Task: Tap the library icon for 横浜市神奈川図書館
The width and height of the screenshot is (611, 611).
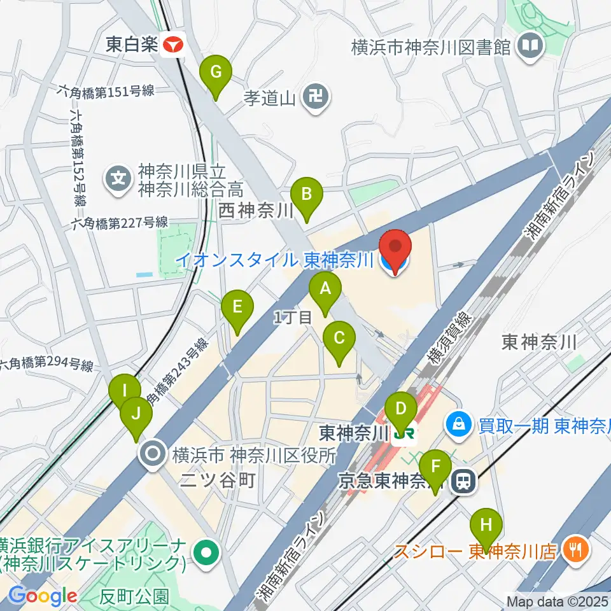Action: (530, 46)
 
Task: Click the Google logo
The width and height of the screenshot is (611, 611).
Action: (43, 596)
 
